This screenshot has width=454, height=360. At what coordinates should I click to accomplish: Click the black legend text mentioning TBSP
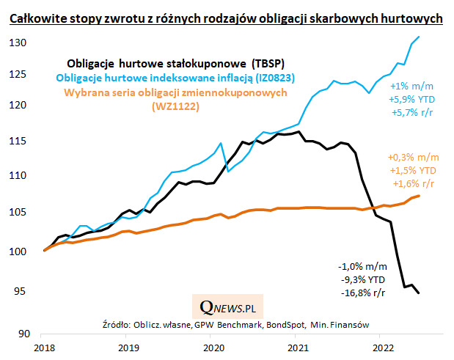click(169, 62)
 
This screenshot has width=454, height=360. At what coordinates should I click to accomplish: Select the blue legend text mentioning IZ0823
click(170, 77)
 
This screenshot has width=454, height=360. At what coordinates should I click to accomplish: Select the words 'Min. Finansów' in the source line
click(343, 323)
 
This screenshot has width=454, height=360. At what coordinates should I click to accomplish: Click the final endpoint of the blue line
click(419, 37)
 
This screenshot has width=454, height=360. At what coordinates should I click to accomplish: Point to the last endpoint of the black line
click(419, 293)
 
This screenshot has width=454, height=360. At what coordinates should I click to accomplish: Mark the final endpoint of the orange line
click(419, 196)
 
